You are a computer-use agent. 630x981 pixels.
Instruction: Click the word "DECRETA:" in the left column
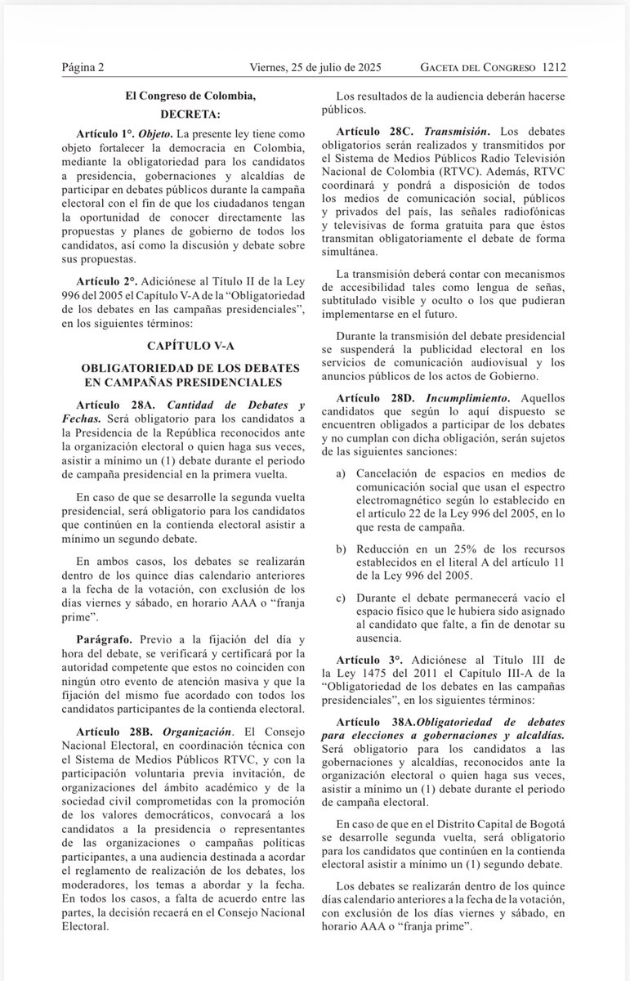(x=190, y=114)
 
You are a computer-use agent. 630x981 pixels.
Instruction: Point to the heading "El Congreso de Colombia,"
(x=190, y=96)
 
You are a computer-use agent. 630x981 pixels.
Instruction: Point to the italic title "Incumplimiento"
(x=462, y=396)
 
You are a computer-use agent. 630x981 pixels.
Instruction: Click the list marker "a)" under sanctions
(x=341, y=475)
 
